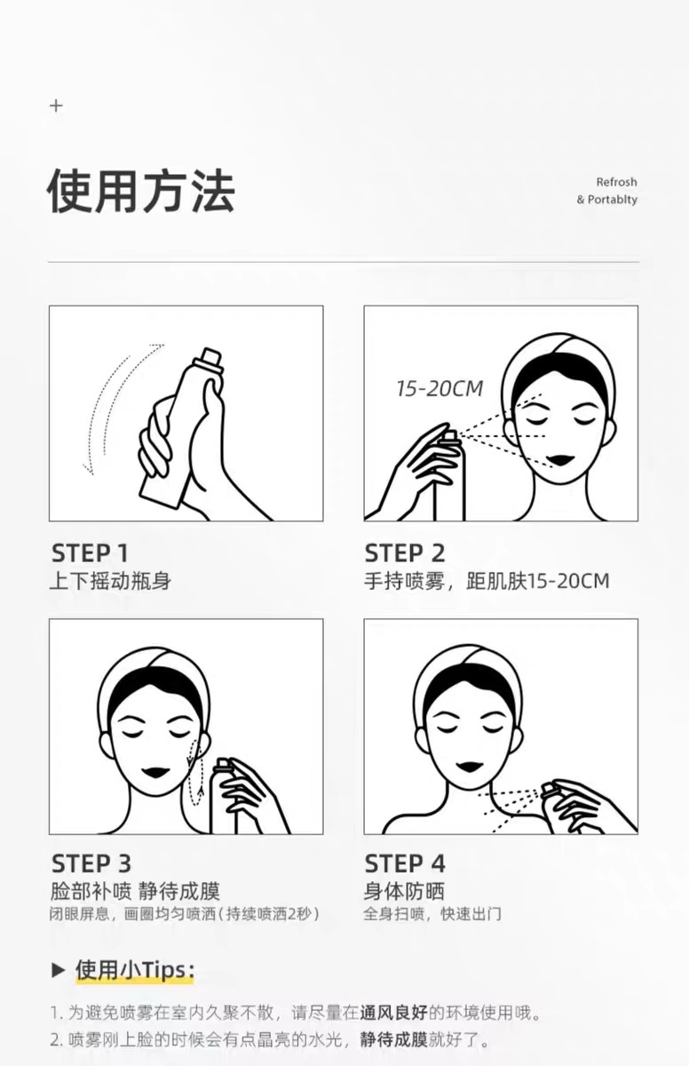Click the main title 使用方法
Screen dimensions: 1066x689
coord(140,191)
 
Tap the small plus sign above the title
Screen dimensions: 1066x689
coord(56,106)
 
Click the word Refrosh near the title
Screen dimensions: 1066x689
coord(616,182)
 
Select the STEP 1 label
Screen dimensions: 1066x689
coord(90,553)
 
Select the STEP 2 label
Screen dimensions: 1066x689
coord(405,553)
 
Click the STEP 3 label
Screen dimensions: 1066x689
coord(91,863)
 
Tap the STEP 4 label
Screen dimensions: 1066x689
coord(405,863)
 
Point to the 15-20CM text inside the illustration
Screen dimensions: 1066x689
coord(440,388)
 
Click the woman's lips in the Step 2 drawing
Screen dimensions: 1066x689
coord(561,459)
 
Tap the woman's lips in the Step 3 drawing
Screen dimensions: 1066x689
coord(157,771)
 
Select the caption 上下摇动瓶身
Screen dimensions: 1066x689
coord(109,582)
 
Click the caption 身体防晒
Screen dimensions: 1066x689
coord(404,891)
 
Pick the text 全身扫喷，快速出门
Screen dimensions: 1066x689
coord(432,913)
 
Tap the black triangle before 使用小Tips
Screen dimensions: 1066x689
coord(59,969)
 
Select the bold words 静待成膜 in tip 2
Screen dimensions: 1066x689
coord(393,1039)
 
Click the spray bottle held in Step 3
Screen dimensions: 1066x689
coord(223,799)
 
